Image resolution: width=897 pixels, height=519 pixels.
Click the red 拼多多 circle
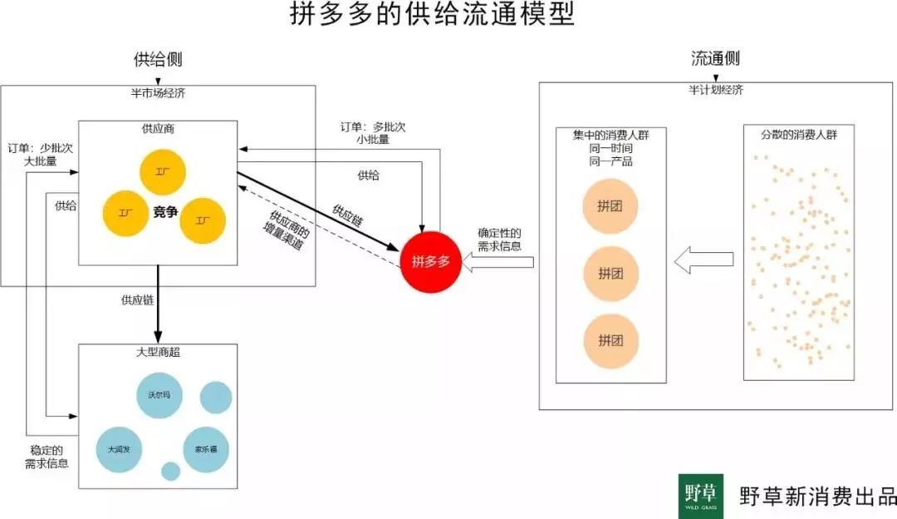[430, 261]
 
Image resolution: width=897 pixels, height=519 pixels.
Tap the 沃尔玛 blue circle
[159, 395]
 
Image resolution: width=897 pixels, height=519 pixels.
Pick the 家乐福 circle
[206, 449]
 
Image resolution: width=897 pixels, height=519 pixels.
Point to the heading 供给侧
[158, 60]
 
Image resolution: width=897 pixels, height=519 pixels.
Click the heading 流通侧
[715, 59]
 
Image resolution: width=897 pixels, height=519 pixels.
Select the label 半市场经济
[158, 93]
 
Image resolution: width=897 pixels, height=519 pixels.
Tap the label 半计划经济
[715, 90]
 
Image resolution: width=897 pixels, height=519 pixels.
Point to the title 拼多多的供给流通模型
[432, 15]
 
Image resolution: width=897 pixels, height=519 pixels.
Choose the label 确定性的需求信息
[499, 240]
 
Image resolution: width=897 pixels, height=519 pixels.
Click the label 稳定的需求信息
[47, 457]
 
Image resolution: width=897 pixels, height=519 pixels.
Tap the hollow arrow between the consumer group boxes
[703, 261]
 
